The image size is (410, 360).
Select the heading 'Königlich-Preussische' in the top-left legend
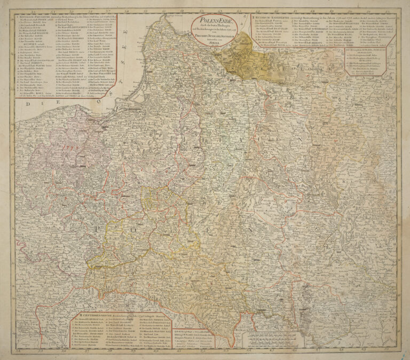pyautogui.click(x=31, y=18)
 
